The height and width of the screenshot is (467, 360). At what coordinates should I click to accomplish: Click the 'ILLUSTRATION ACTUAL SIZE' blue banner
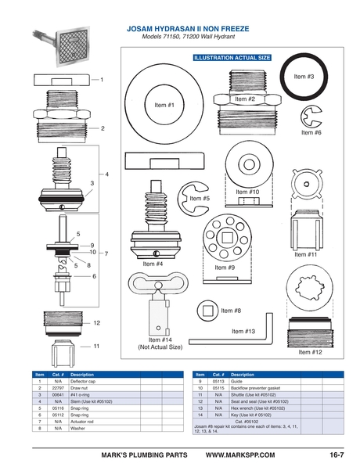(232, 58)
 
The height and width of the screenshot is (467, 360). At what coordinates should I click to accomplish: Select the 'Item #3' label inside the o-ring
(304, 77)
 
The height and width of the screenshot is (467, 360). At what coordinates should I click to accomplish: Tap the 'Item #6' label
(311, 133)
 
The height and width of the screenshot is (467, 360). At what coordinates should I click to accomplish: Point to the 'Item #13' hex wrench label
(243, 331)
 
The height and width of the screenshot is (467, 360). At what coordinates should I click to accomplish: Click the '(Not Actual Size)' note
(160, 347)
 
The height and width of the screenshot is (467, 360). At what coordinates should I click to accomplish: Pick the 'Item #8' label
(231, 311)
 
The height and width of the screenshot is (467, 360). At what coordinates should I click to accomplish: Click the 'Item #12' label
(310, 352)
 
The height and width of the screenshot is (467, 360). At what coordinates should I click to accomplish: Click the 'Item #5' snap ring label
(200, 199)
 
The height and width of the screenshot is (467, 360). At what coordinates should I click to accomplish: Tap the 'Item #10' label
(247, 192)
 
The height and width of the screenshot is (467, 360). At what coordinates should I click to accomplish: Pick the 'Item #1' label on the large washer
(163, 105)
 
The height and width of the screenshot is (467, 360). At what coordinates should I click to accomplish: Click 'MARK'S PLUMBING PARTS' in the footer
(146, 454)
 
